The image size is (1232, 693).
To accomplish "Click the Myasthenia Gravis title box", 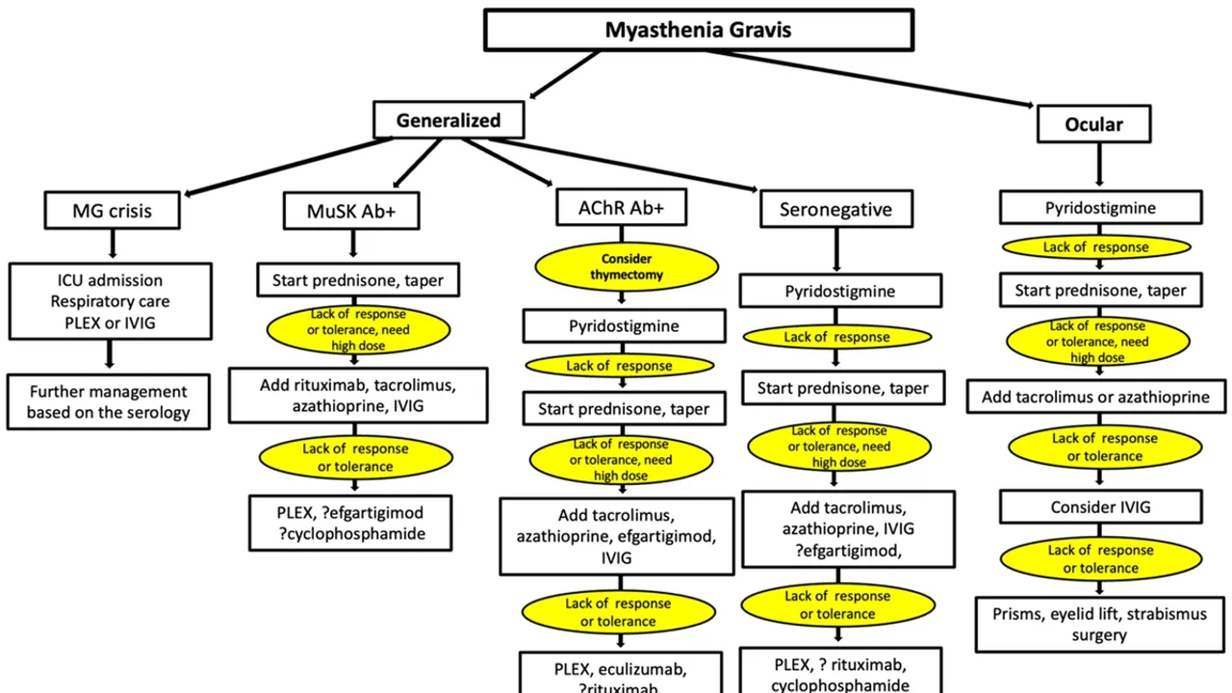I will point(698,30).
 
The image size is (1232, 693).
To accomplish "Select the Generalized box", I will point(449,120).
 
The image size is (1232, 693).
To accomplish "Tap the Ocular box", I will point(1093,124).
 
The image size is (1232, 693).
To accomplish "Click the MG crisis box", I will point(112,210).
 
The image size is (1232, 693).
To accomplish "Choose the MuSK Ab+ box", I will point(351,211).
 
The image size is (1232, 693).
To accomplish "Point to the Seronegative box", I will point(835,209).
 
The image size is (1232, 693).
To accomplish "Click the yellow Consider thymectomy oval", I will point(627,267).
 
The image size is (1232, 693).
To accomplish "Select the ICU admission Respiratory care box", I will point(111,301).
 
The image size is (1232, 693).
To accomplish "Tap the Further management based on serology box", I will point(109,402).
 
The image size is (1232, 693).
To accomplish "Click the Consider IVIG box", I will point(1100,506).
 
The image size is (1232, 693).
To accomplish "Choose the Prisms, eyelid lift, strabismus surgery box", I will point(1099,624).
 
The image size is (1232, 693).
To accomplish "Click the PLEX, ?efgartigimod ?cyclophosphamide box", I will point(350,523).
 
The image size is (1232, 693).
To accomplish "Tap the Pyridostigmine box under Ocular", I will point(1100,208).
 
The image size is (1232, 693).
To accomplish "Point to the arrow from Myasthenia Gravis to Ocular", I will point(876,77).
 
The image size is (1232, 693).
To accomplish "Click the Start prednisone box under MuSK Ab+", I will point(357,280).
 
